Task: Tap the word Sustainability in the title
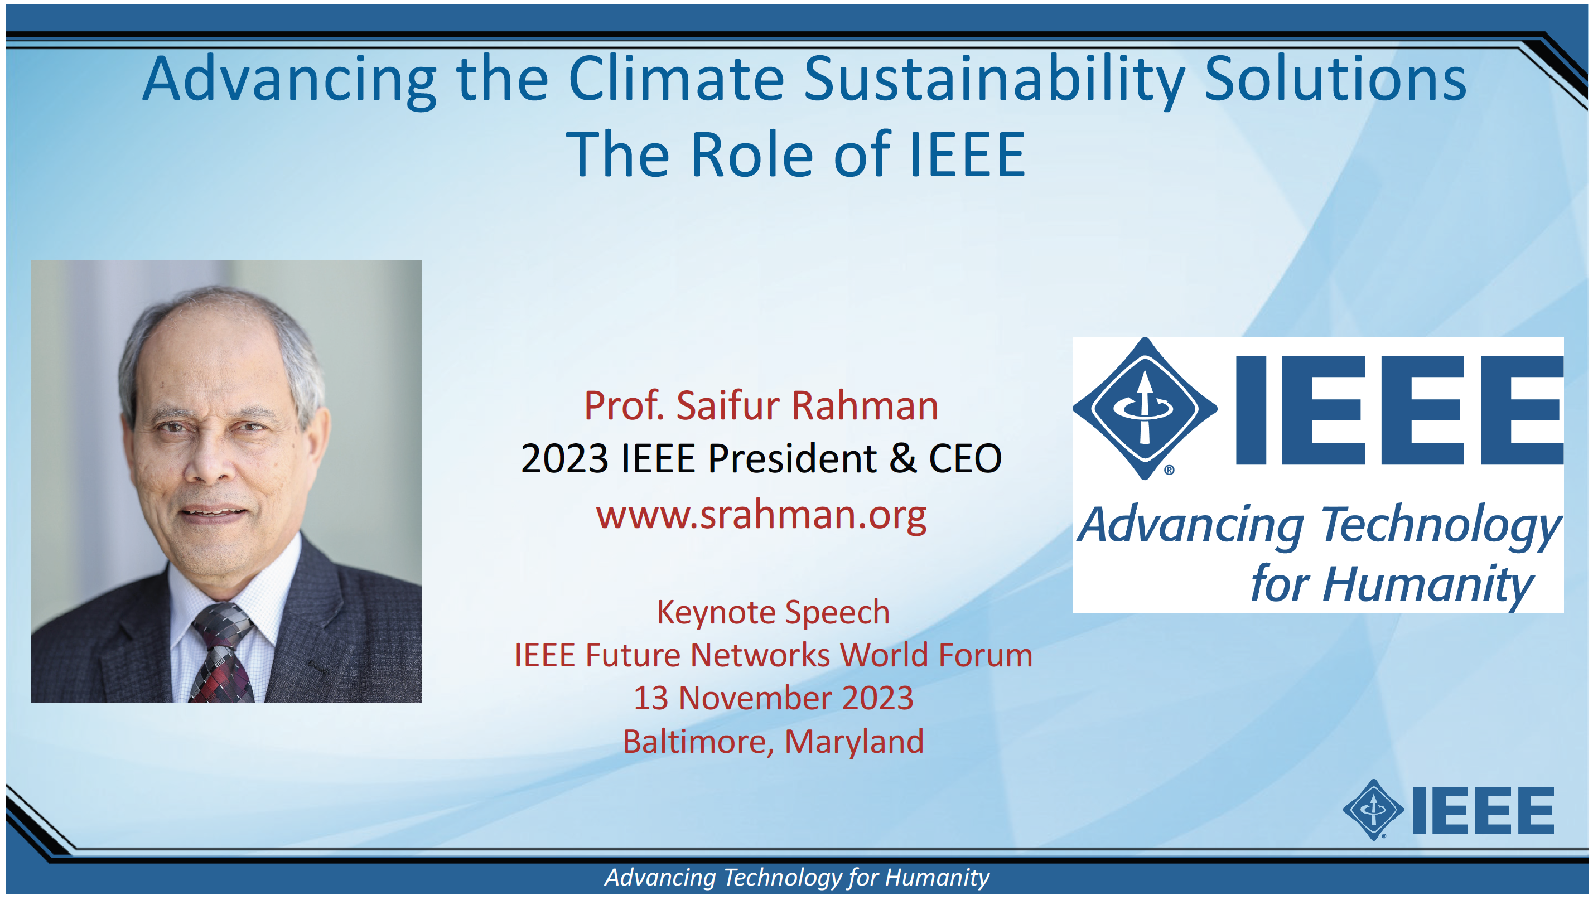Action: (994, 82)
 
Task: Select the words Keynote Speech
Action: (773, 613)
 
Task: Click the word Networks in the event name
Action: (760, 655)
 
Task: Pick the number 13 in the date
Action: (651, 698)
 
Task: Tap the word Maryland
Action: (854, 742)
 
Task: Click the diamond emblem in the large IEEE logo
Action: (1145, 409)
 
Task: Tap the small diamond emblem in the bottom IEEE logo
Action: (1373, 809)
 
